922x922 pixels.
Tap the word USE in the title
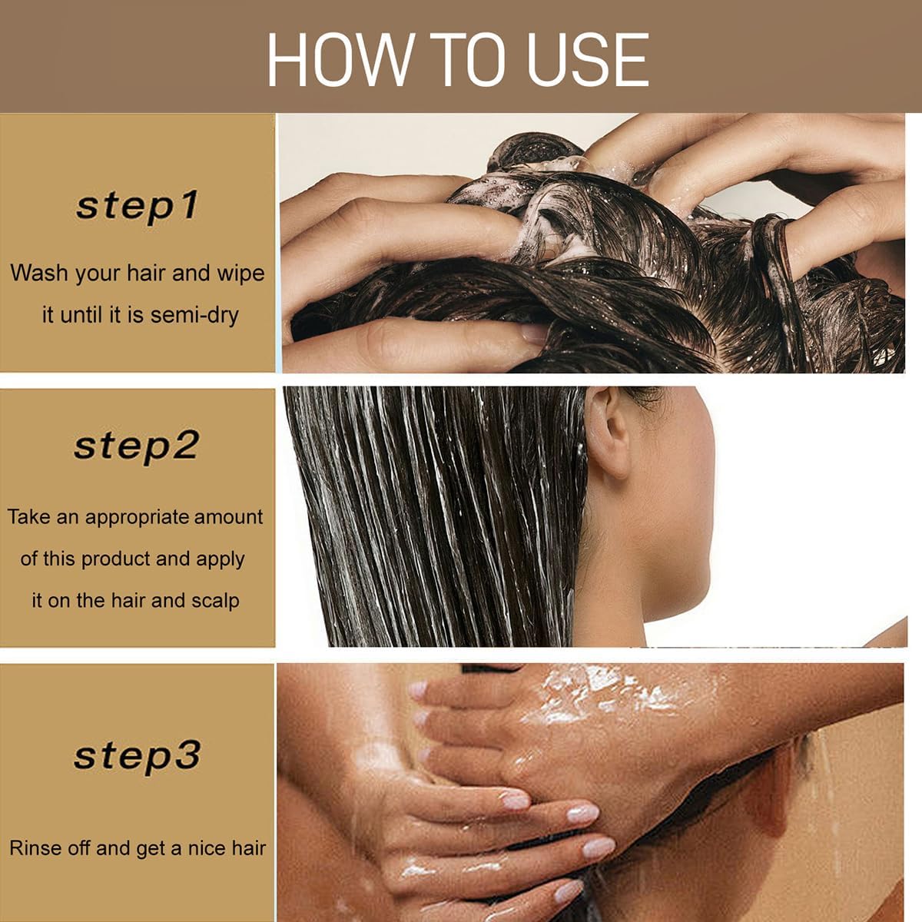(588, 60)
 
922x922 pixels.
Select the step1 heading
(137, 206)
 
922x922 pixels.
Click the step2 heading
(136, 446)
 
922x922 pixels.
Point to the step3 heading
(137, 756)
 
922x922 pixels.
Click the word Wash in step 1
(38, 274)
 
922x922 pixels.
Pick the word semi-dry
(194, 317)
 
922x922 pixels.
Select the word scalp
(215, 602)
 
